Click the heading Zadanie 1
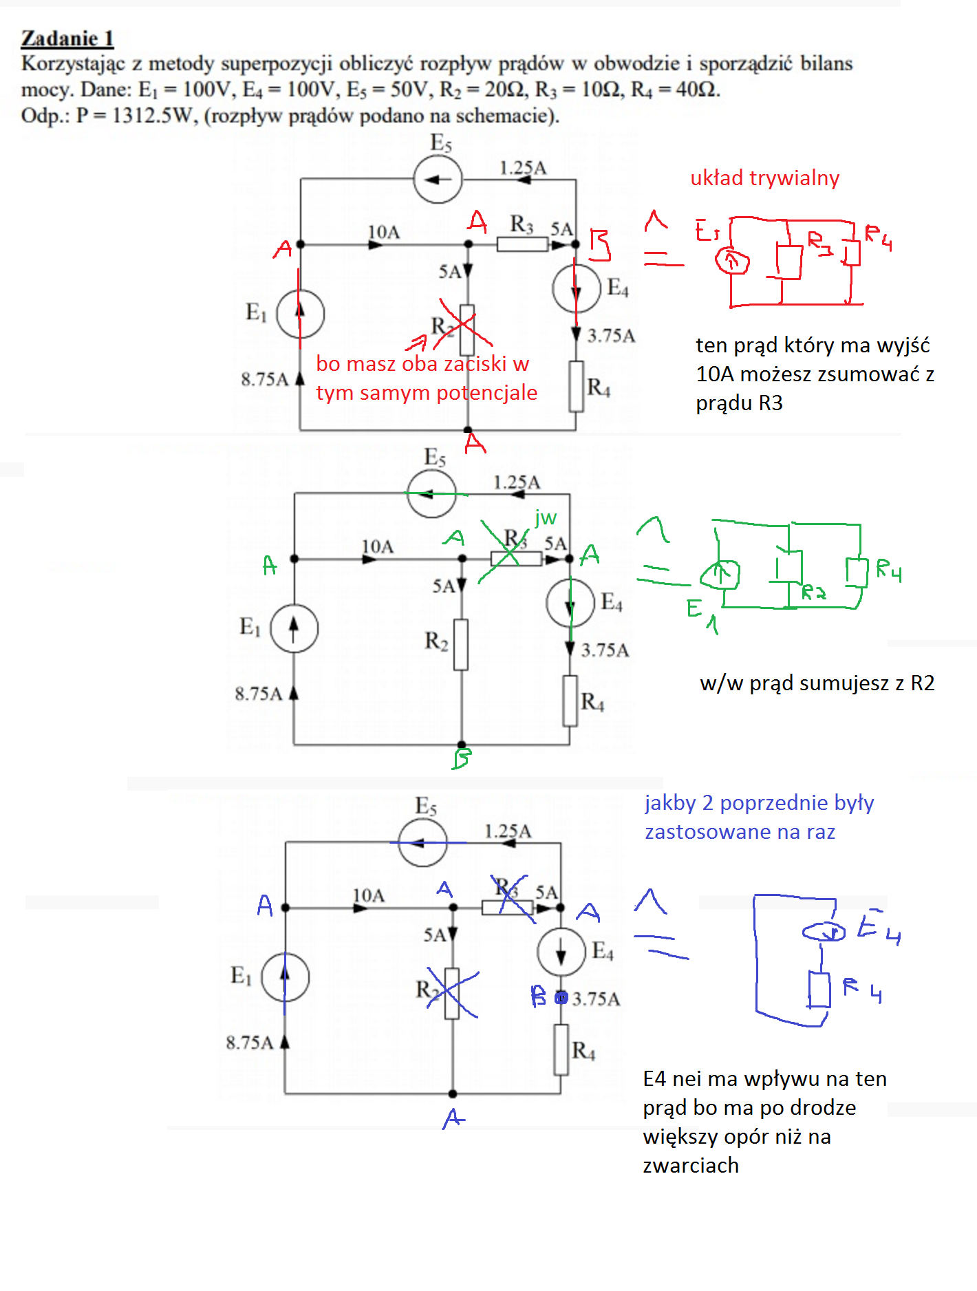point(67,39)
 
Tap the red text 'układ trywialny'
point(764,178)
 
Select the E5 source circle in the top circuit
point(438,180)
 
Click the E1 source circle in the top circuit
point(300,314)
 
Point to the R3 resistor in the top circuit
point(522,244)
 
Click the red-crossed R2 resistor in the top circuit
point(467,330)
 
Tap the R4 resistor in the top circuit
point(577,387)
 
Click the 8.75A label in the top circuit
point(264,379)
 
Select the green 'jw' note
point(546,518)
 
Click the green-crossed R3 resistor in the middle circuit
point(516,559)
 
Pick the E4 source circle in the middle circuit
point(570,603)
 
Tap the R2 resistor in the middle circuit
point(461,645)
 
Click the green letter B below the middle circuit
point(462,758)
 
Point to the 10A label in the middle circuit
point(378,546)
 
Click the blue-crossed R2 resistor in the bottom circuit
point(452,993)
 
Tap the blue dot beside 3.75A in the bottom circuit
point(561,998)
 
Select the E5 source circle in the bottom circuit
point(422,842)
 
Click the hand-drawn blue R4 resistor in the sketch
point(819,990)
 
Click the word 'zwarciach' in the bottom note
point(691,1165)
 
